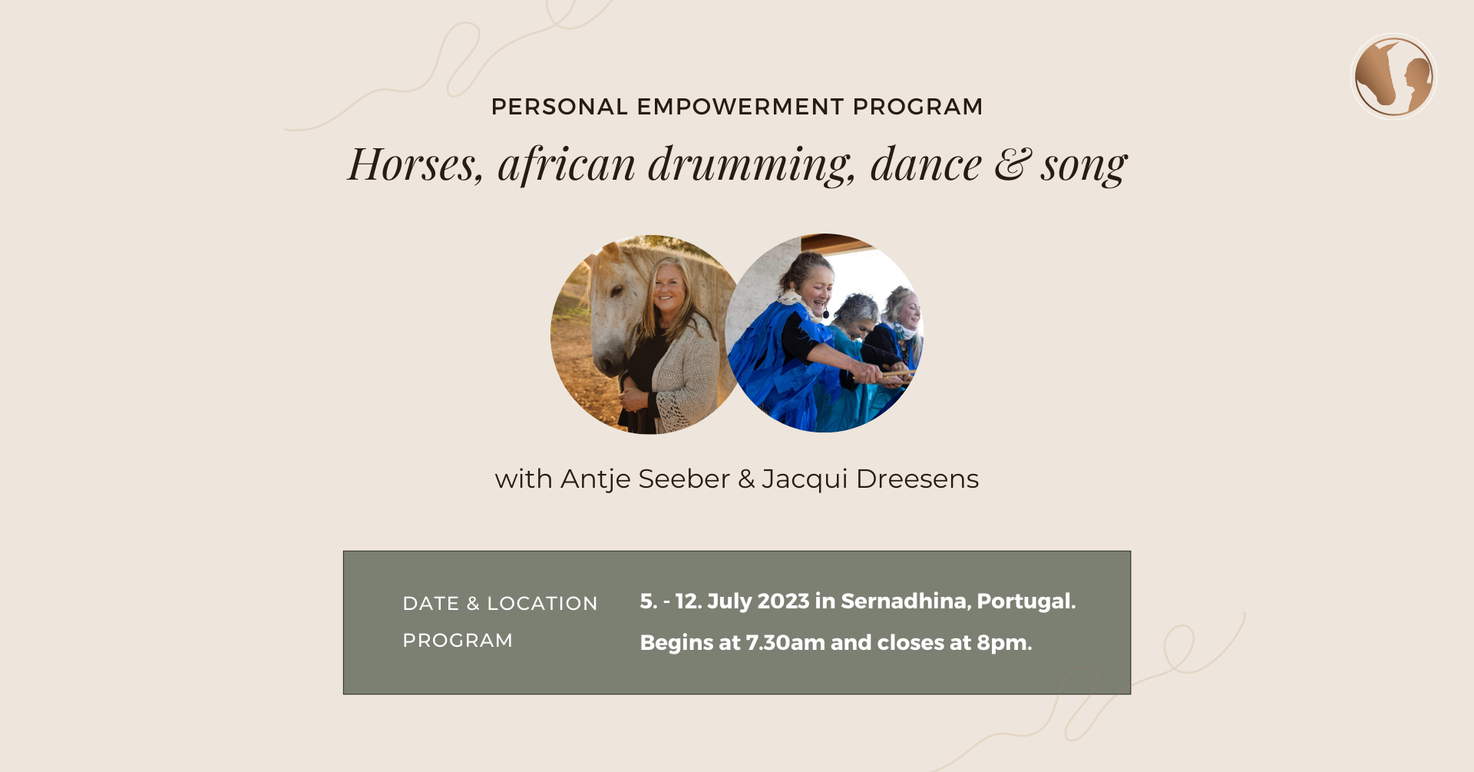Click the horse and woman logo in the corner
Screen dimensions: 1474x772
pyautogui.click(x=1393, y=77)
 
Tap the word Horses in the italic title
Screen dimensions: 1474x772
pyautogui.click(x=415, y=164)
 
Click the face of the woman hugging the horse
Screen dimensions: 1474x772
pyautogui.click(x=669, y=287)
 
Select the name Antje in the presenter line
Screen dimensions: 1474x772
pyautogui.click(x=597, y=479)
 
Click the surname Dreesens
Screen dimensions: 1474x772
pyautogui.click(x=917, y=479)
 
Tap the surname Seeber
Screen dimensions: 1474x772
pyautogui.click(x=684, y=479)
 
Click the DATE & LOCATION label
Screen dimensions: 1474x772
pyautogui.click(x=500, y=604)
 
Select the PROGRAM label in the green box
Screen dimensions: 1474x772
pyautogui.click(x=458, y=641)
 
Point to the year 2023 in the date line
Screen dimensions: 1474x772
pyautogui.click(x=783, y=601)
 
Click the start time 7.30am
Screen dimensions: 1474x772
pyautogui.click(x=775, y=643)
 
